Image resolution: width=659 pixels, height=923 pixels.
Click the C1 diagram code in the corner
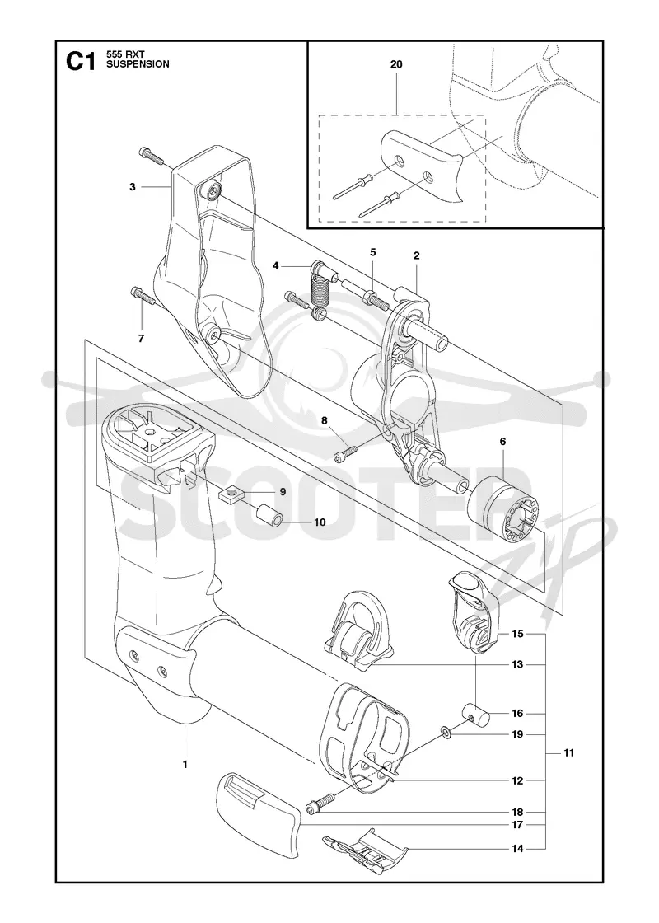(81, 60)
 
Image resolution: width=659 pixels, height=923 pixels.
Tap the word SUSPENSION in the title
(137, 64)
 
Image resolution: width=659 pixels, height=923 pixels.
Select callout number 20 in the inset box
(396, 64)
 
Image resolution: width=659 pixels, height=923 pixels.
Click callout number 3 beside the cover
(133, 186)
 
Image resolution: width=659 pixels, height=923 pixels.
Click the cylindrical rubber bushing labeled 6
(500, 502)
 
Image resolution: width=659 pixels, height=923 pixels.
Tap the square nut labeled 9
(235, 495)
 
